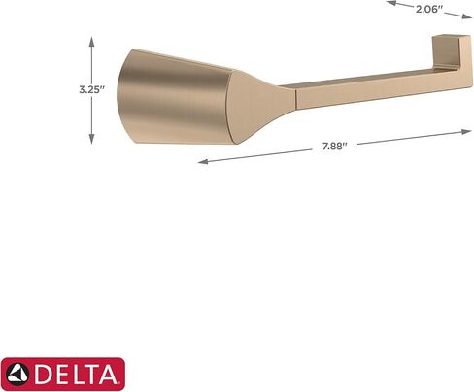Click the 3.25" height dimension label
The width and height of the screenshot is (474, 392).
click(x=91, y=88)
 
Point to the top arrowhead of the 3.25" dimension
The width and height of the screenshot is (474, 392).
click(x=91, y=41)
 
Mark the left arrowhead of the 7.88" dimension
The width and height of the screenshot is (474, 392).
click(x=201, y=162)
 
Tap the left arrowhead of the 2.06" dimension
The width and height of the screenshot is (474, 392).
click(x=389, y=3)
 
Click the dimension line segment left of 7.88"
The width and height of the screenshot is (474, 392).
click(x=257, y=155)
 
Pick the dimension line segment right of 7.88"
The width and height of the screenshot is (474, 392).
click(x=408, y=137)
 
